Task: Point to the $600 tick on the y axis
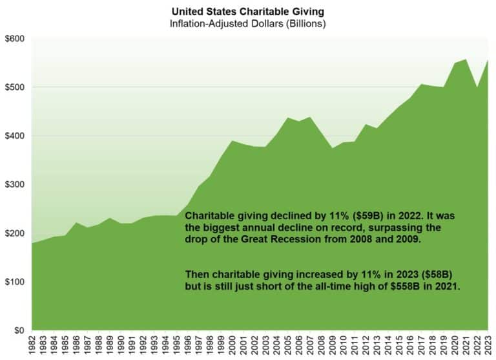[15, 39]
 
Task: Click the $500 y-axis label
[15, 87]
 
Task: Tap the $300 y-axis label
[15, 185]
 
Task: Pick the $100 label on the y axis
[15, 282]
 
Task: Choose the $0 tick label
[19, 331]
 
